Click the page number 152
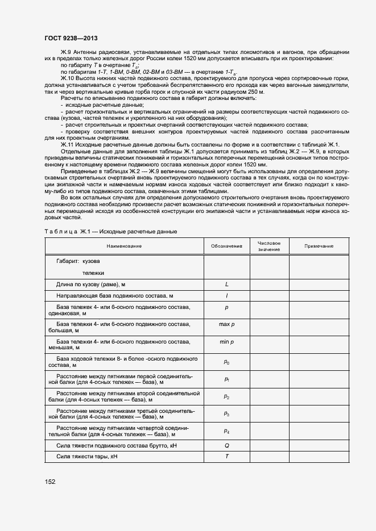click(50, 482)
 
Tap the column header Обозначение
click(226, 246)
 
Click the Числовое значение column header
click(269, 246)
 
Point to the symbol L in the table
click(226, 283)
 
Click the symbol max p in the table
click(226, 324)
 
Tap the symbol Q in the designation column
click(226, 446)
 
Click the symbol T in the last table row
click(226, 457)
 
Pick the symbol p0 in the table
click(226, 361)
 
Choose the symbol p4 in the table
click(226, 432)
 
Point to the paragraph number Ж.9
click(65, 52)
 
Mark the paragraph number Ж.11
click(67, 144)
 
